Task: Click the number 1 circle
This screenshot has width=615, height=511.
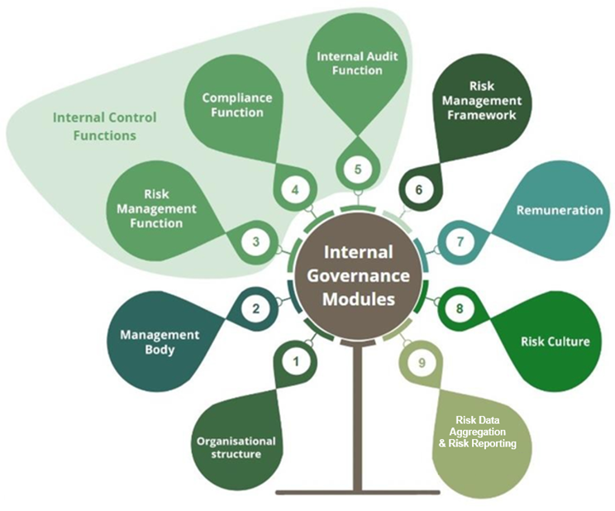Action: (298, 361)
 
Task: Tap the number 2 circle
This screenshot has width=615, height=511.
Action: (255, 309)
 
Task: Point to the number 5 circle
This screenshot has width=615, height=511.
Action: (358, 170)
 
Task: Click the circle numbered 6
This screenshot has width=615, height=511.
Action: (418, 189)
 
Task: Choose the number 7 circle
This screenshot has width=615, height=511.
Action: (460, 242)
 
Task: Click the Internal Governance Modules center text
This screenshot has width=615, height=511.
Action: (358, 275)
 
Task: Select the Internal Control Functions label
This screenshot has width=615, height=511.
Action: (93, 127)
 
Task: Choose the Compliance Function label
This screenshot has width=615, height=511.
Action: (236, 104)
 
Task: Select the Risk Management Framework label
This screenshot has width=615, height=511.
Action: (481, 100)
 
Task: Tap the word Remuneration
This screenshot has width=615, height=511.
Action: (559, 210)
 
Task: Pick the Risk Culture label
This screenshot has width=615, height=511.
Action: (555, 341)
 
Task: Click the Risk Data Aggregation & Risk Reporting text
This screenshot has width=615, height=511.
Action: (478, 432)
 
